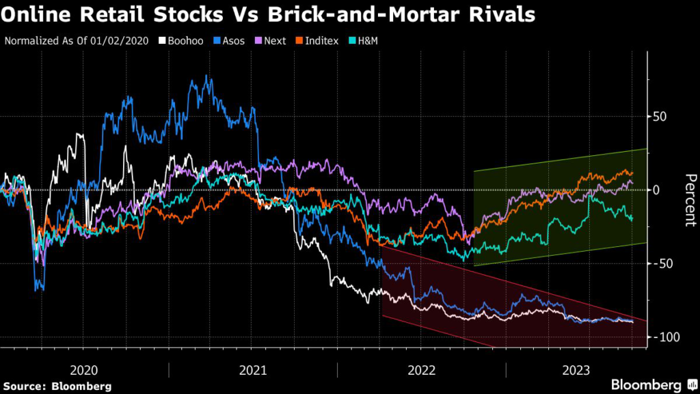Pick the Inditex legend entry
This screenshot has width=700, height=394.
(317, 40)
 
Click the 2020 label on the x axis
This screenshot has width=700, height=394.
(84, 370)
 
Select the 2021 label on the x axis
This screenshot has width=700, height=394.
(253, 370)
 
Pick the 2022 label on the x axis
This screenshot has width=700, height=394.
(422, 370)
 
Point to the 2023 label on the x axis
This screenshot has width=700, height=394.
(576, 370)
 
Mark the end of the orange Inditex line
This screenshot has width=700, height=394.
(632, 173)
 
